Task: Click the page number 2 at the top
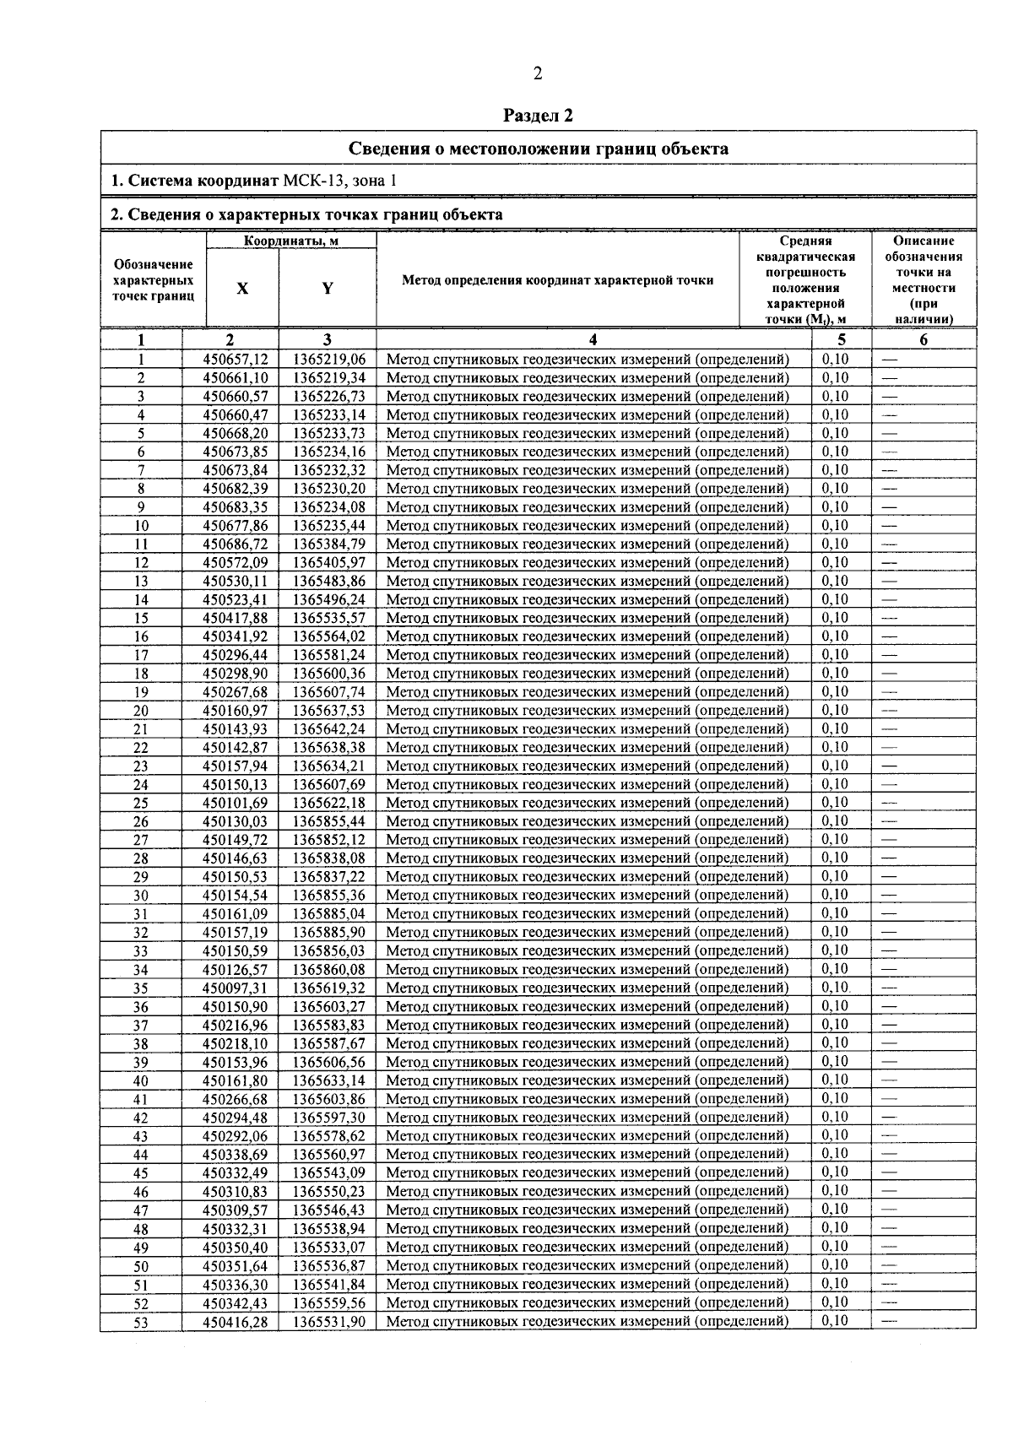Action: point(538,73)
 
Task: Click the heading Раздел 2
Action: point(538,115)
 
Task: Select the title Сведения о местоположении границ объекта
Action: point(539,149)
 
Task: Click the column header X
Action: point(242,288)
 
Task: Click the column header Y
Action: point(328,288)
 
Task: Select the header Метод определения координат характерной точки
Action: point(558,280)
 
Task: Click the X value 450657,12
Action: point(236,360)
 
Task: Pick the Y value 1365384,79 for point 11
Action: point(329,544)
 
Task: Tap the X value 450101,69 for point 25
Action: point(236,803)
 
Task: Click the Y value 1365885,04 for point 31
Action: point(329,914)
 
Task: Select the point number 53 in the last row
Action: point(141,1323)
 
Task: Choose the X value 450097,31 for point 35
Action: point(236,988)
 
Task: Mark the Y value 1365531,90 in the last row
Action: point(329,1322)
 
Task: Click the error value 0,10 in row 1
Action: point(835,359)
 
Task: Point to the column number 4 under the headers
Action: point(593,340)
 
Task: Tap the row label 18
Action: point(141,674)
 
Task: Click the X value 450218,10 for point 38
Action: point(236,1044)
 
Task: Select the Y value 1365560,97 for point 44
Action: point(329,1155)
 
